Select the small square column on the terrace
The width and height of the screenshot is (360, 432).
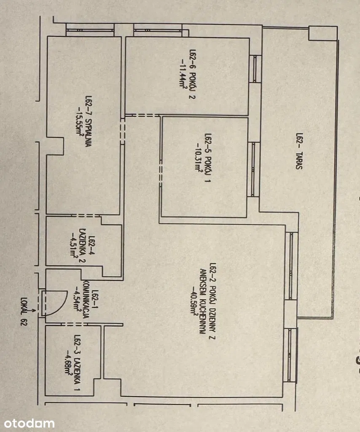pos(323,33)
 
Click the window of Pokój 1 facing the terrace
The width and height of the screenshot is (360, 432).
pos(253,169)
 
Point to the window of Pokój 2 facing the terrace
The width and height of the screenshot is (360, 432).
pos(255,69)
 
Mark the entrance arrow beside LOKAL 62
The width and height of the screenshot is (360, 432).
pos(32,311)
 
